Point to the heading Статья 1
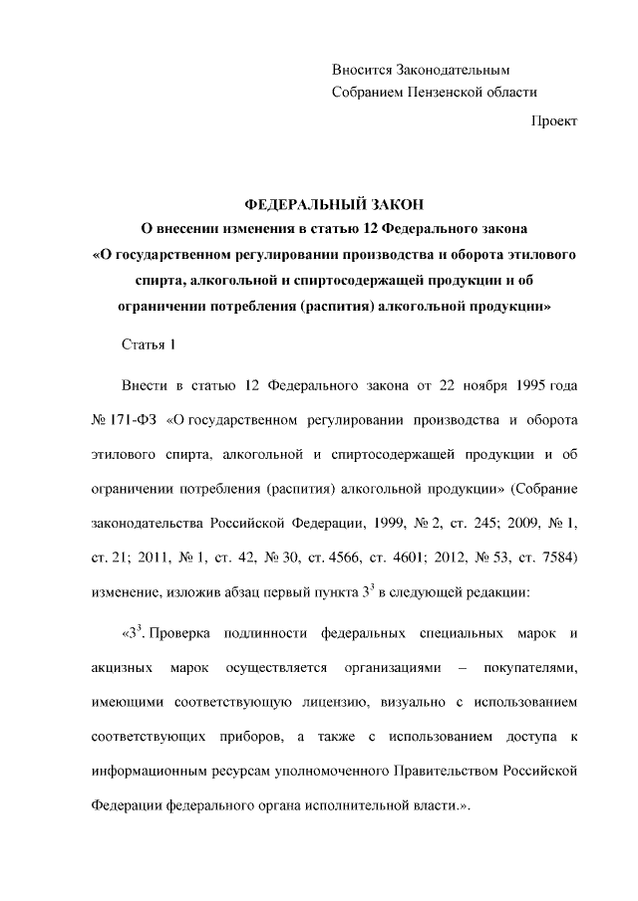(x=148, y=344)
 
